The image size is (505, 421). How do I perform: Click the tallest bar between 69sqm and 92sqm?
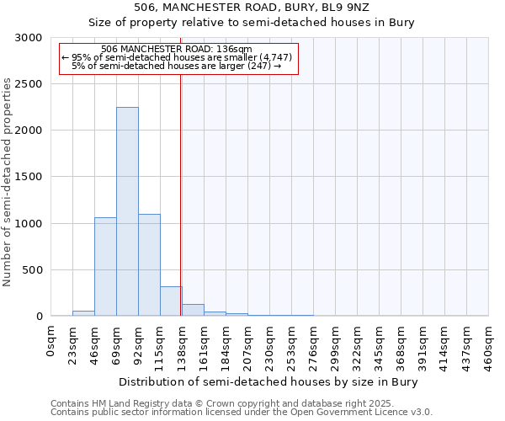point(127,211)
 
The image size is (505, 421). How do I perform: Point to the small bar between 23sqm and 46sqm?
point(83,313)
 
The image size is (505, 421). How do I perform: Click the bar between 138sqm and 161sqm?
point(193,310)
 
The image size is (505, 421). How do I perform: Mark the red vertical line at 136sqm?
point(180,194)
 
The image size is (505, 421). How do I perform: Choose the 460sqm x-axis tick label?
point(489,344)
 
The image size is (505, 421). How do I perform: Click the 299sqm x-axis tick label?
point(336,344)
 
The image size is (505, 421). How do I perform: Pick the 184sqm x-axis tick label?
point(226,344)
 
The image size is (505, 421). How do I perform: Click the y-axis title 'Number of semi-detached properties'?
point(8,183)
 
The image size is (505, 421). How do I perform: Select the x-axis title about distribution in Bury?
point(268,381)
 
